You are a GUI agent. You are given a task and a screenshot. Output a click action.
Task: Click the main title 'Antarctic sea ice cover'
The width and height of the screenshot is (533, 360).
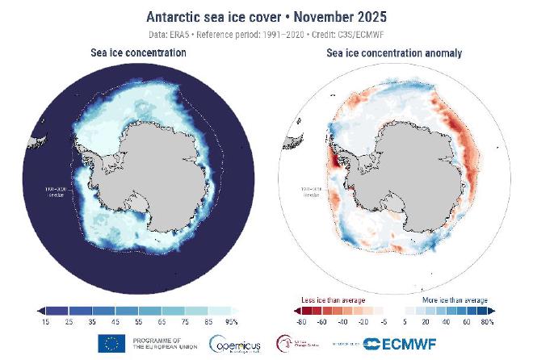tap(211, 16)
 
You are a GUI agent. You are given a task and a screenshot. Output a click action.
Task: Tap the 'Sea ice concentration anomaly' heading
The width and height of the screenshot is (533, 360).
tap(393, 52)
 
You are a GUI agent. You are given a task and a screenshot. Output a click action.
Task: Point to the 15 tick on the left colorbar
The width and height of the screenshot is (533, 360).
tap(46, 321)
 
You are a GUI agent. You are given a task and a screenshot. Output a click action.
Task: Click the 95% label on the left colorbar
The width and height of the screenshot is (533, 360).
tap(233, 321)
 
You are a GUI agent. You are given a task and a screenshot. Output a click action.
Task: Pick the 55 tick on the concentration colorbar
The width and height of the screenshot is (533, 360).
tap(138, 321)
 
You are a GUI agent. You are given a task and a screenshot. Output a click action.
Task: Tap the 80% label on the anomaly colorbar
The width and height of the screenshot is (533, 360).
tap(488, 321)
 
